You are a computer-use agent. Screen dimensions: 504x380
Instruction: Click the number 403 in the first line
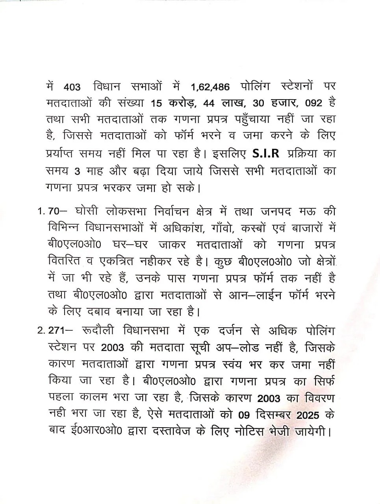tap(71, 86)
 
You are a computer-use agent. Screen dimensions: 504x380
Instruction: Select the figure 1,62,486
tap(210, 86)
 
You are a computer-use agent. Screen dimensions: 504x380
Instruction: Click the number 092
tap(314, 103)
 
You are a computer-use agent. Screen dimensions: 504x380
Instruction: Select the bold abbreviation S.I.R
tap(265, 154)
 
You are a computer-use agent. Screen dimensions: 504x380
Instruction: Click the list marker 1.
tap(41, 211)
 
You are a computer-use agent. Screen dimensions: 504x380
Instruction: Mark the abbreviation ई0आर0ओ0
tap(95, 432)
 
